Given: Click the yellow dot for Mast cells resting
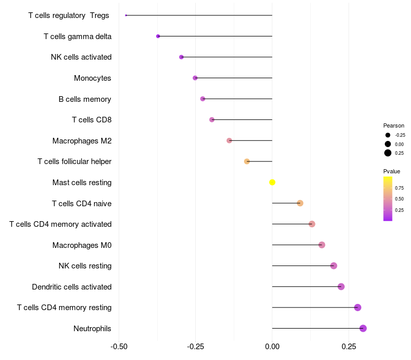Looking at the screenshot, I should (x=272, y=182).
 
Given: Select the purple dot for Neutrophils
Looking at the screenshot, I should (x=363, y=328).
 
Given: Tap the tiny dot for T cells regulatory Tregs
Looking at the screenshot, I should (x=126, y=15).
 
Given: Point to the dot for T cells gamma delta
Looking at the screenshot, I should (x=158, y=36).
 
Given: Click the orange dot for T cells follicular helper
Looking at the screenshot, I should (x=247, y=161).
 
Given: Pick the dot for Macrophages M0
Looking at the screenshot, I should (x=322, y=245).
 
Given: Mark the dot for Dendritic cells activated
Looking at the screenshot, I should (x=341, y=286).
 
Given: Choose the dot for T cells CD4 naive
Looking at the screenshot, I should (x=300, y=203).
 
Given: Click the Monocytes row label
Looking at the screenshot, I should (x=92, y=78).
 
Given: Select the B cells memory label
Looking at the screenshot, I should (x=85, y=99).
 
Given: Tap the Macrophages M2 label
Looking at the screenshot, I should (x=82, y=140).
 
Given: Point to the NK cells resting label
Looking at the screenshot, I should (x=85, y=266).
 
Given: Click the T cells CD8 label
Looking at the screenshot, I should (x=91, y=120).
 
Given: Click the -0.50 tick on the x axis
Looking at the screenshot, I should (x=119, y=347).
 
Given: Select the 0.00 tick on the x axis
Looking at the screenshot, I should (x=272, y=347).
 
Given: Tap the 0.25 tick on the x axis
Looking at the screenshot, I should (x=349, y=347).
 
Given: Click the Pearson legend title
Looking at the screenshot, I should (x=394, y=125).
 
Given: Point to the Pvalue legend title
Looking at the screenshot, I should (x=391, y=171).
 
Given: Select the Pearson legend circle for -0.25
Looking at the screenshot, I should (x=388, y=135).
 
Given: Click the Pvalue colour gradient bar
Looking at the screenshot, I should (x=388, y=199).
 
